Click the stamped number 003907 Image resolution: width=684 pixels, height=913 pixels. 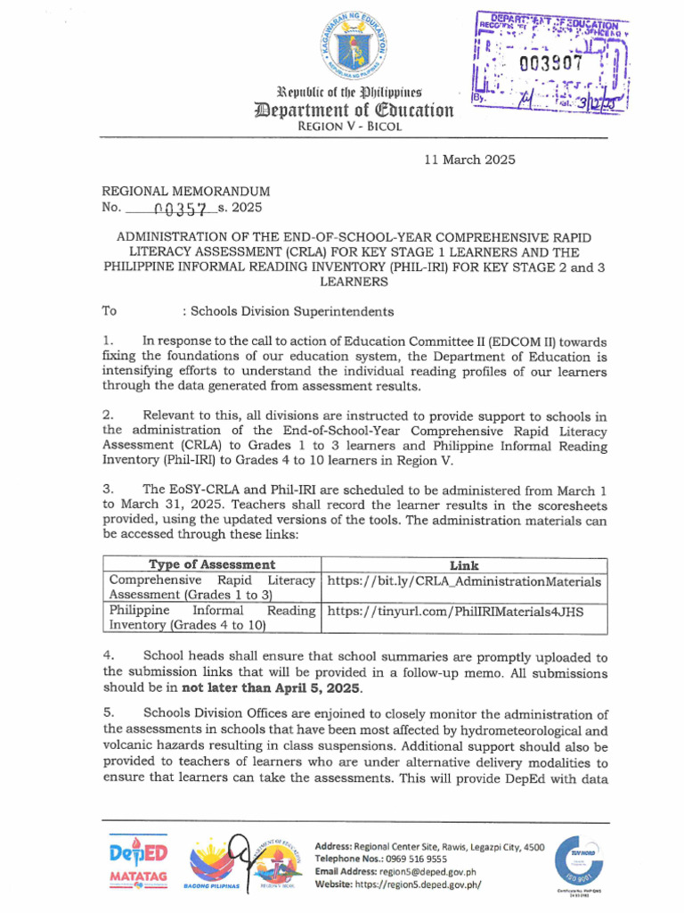[x=550, y=63]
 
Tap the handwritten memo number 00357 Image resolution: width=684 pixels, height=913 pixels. [x=181, y=209]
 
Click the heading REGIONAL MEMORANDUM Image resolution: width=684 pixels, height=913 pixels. [x=186, y=191]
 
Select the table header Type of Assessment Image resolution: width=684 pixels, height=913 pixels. [x=211, y=565]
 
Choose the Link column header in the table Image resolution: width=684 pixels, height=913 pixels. [x=464, y=565]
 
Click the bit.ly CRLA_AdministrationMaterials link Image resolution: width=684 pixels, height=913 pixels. [x=465, y=581]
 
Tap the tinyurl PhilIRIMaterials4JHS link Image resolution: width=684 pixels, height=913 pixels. [x=459, y=611]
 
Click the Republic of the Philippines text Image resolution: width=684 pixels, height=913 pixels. [x=349, y=93]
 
